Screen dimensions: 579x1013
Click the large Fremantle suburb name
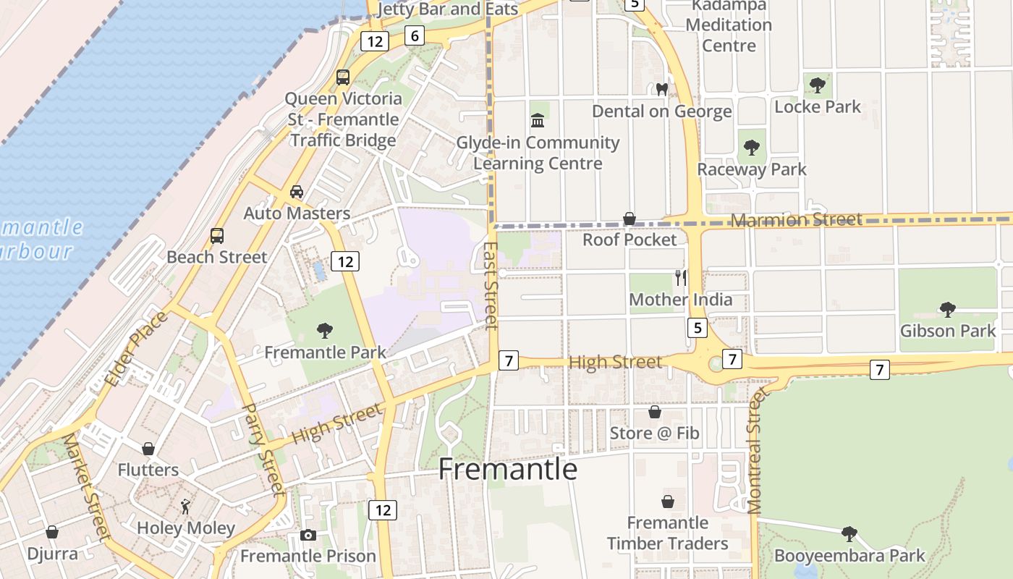point(507,470)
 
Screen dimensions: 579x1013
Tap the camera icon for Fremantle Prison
point(308,536)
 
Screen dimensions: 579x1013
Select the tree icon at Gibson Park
point(947,310)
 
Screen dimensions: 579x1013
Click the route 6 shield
point(414,35)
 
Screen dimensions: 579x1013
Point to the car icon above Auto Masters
point(296,192)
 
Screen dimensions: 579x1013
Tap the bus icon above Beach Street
point(216,235)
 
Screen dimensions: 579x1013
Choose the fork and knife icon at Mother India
point(680,278)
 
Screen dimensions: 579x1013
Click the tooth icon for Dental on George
point(661,90)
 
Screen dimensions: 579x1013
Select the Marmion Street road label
point(796,219)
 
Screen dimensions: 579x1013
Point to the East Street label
point(491,285)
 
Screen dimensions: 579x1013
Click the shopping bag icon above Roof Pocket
point(630,219)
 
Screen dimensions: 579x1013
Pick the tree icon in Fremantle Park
point(325,331)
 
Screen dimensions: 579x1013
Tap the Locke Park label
point(817,107)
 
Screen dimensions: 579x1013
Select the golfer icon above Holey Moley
point(185,507)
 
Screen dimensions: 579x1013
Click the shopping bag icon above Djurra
point(52,533)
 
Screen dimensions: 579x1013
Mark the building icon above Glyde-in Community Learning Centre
point(538,120)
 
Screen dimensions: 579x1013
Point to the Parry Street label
point(262,449)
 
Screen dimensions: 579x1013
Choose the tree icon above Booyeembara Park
point(849,534)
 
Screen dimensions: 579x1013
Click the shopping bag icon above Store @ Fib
point(654,412)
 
